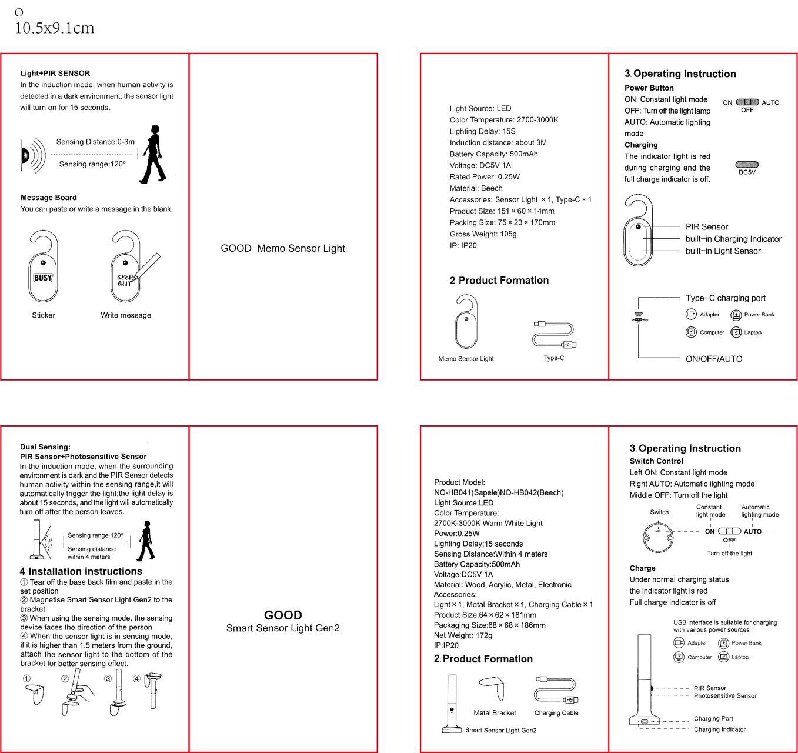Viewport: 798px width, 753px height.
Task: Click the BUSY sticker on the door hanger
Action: pyautogui.click(x=43, y=278)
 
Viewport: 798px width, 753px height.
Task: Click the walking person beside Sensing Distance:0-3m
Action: pyautogui.click(x=152, y=154)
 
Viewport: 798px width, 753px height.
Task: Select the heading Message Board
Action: pyautogui.click(x=49, y=198)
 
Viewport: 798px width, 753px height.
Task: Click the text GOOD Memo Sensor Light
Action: pyautogui.click(x=283, y=248)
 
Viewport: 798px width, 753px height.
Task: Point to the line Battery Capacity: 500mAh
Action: pyautogui.click(x=493, y=154)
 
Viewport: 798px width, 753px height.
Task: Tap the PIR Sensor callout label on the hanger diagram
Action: pyautogui.click(x=706, y=226)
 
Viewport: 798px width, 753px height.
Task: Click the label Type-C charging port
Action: pyautogui.click(x=725, y=298)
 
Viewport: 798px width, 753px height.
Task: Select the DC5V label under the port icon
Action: pyautogui.click(x=747, y=172)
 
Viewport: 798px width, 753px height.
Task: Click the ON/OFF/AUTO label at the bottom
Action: pyautogui.click(x=714, y=359)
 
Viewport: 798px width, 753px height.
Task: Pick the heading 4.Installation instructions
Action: pyautogui.click(x=81, y=571)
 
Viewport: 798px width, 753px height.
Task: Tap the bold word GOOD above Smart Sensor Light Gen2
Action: pyautogui.click(x=283, y=615)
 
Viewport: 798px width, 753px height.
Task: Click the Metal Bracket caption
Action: pyautogui.click(x=495, y=713)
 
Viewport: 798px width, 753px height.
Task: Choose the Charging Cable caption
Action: pyautogui.click(x=556, y=713)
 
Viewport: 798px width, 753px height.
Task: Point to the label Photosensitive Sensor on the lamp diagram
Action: pyautogui.click(x=725, y=696)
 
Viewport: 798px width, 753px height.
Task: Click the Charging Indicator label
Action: pyautogui.click(x=719, y=729)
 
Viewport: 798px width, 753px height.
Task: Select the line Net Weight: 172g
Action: pyautogui.click(x=463, y=635)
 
